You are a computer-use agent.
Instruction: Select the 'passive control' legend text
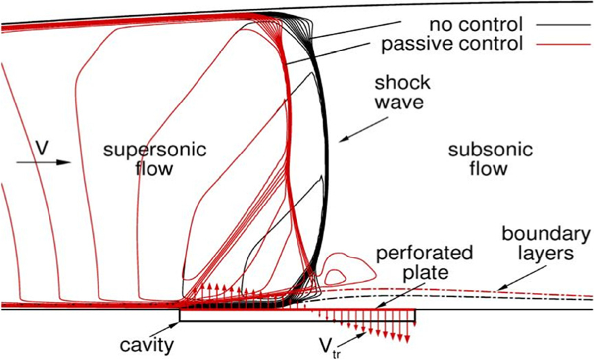point(452,45)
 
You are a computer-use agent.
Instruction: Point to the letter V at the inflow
point(42,147)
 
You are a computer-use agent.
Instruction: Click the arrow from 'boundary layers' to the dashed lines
point(515,280)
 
